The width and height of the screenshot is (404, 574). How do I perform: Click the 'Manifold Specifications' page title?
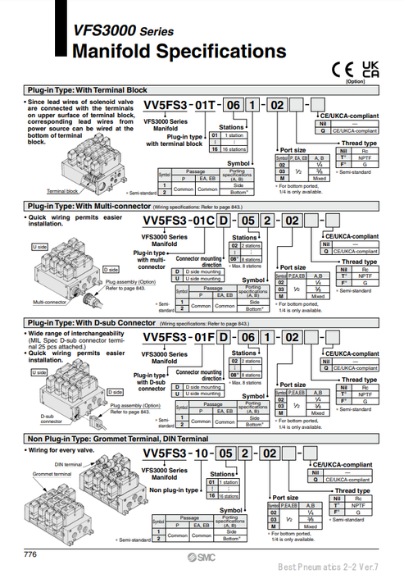point(179,52)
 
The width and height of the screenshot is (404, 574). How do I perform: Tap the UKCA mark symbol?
point(370,68)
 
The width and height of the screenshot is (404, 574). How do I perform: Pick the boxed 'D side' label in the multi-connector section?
point(111,269)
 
